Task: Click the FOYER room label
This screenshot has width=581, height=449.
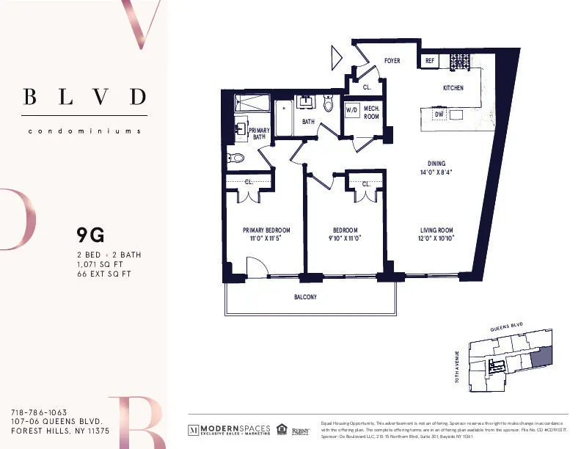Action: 392,61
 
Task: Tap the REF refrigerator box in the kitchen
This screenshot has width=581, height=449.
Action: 430,62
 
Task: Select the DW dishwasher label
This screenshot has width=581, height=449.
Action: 439,115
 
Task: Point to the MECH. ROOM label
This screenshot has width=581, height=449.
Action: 371,112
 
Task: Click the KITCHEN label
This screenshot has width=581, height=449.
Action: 453,88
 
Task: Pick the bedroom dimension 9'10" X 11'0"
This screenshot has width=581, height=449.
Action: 344,238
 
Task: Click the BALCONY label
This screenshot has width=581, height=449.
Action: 304,297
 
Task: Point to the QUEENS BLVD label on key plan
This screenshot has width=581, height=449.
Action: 506,328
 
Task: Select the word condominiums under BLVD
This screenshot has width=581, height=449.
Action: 84,131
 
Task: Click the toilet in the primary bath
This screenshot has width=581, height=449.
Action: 237,156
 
